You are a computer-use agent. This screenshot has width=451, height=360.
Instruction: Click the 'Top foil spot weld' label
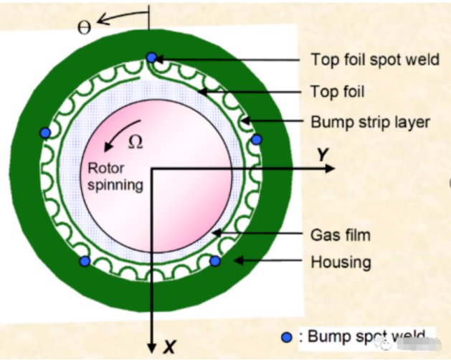point(374,60)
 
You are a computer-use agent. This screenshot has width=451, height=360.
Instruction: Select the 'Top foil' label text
point(337,91)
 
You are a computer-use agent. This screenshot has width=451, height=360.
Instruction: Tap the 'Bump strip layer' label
point(370,122)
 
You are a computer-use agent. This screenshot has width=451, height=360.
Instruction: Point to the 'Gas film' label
point(340,235)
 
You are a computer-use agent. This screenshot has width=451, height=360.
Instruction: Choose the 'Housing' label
point(341,262)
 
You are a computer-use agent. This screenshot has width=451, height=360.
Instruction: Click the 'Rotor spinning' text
point(115,176)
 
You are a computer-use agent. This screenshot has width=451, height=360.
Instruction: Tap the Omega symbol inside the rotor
point(136,142)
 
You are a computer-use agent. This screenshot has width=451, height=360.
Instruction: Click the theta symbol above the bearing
point(84,28)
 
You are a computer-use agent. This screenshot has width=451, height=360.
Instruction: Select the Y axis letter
point(324,154)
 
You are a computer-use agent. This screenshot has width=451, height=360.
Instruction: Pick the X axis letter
point(169,348)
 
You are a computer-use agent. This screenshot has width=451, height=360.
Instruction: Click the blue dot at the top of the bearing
point(151,57)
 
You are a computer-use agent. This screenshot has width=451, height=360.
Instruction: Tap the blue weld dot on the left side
point(45,133)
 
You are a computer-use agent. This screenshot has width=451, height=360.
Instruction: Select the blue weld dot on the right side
point(257,138)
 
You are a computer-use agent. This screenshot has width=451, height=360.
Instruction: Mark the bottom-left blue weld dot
point(85,262)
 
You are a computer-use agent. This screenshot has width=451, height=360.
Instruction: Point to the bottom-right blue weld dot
point(214,261)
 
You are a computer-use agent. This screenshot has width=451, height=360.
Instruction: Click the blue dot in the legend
point(287,336)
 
